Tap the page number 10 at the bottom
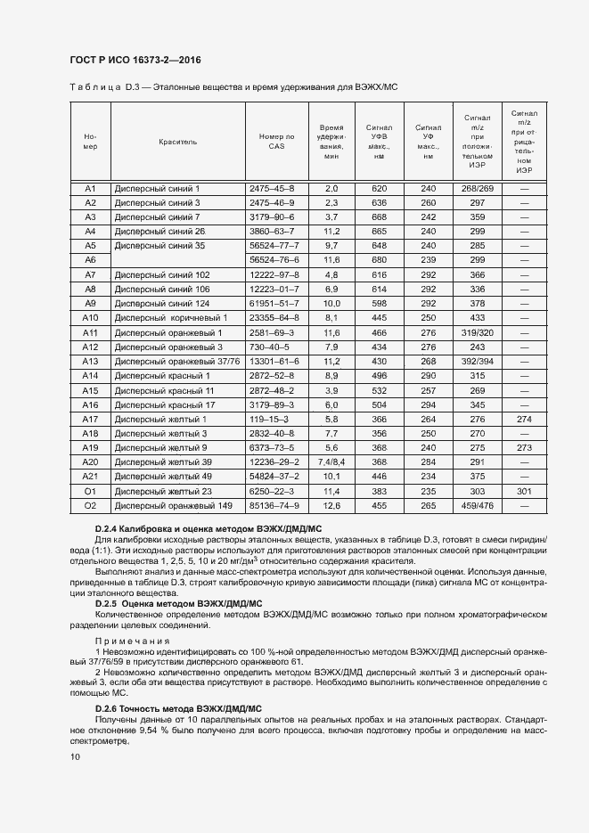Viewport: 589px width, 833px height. [x=74, y=756]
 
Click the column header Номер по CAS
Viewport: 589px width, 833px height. [x=276, y=142]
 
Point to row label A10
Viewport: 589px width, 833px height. [x=90, y=317]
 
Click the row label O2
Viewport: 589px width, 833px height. [x=90, y=505]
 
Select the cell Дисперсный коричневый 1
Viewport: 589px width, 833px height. [x=172, y=317]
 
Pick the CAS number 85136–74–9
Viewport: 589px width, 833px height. [x=276, y=505]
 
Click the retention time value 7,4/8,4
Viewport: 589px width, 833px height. [x=331, y=461]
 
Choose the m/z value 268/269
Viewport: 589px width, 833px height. [x=478, y=188]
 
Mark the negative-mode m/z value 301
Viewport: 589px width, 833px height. [x=524, y=491]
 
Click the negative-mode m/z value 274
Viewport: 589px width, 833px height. [x=524, y=419]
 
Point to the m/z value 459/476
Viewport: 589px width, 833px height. [x=478, y=505]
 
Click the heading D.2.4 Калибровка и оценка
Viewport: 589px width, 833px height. [x=208, y=529]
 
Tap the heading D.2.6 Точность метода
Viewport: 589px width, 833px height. [x=178, y=708]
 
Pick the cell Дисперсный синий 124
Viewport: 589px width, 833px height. [x=162, y=303]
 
